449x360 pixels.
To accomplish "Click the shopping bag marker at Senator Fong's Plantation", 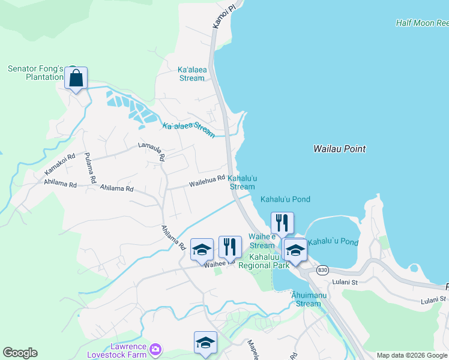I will tap(76, 79).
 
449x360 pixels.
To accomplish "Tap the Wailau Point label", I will tap(339, 149).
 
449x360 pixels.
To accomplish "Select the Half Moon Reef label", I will tap(422, 23).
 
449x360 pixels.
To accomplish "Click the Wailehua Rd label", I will tap(207, 178).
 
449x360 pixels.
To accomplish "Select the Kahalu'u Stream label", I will tap(243, 182).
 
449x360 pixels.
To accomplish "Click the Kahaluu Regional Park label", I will tap(264, 261).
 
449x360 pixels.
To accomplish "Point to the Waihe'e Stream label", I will tap(262, 241).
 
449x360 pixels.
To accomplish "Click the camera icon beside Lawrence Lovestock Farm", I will tap(155, 349).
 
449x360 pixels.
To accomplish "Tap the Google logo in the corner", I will tap(20, 353).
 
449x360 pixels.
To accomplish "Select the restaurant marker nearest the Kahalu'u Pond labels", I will tap(282, 223).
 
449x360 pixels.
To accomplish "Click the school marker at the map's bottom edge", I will tap(205, 343).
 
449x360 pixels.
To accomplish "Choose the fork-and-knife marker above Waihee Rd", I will tap(230, 247).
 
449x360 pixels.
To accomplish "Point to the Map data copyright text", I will tap(412, 355).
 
